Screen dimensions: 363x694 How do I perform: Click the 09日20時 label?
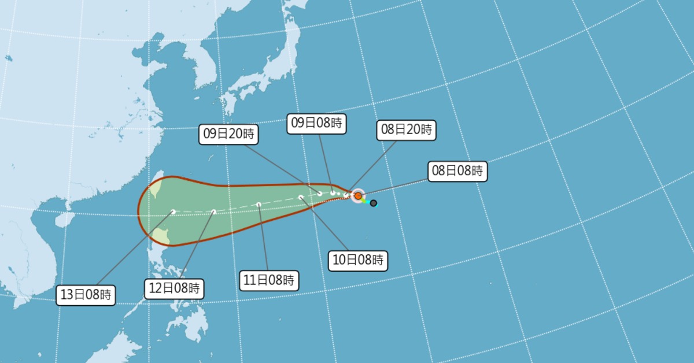click(228, 134)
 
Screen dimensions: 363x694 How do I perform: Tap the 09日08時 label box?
click(316, 123)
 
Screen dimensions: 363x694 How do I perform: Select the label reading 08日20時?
click(405, 130)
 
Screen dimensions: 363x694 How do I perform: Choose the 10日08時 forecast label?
click(358, 260)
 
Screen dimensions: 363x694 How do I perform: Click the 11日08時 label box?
click(269, 281)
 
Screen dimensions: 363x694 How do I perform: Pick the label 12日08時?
click(174, 288)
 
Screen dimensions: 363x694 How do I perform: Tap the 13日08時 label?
click(87, 295)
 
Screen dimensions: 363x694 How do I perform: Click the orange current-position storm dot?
click(358, 196)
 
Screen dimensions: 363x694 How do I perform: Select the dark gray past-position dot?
click(374, 203)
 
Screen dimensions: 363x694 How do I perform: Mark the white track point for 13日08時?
click(173, 212)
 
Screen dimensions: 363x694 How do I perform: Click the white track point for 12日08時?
click(214, 212)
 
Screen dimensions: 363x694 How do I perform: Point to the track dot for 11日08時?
click(259, 204)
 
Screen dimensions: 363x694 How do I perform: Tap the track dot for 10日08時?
click(301, 198)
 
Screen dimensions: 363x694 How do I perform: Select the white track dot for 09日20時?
click(320, 193)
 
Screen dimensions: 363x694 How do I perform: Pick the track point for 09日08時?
click(333, 192)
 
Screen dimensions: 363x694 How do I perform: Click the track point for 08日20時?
click(346, 195)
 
